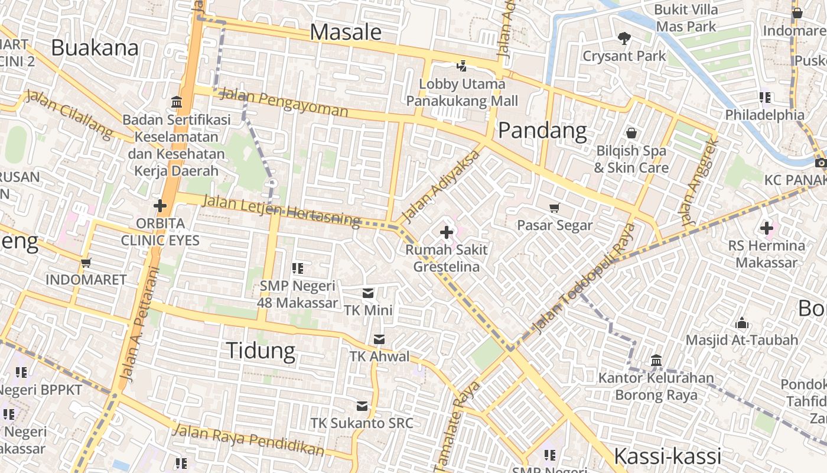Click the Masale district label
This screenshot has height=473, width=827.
coord(346,32)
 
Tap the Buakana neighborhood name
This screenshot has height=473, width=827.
coord(95,47)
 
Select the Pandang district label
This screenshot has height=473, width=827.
coord(542,131)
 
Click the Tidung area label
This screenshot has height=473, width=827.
coord(261,351)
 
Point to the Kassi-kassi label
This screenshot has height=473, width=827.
coord(668,456)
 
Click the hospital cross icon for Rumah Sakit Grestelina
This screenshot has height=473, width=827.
coord(447,232)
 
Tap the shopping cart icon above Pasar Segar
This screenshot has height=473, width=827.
coord(554,208)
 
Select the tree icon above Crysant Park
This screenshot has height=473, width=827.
coord(624,38)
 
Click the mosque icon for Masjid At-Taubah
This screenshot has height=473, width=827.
coord(742,323)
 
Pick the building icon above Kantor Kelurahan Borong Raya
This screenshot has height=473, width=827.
coord(656,360)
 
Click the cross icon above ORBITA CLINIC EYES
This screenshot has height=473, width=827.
coord(160,206)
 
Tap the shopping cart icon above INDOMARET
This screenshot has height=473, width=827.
coord(86,263)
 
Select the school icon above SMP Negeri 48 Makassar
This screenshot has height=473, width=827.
coord(298,268)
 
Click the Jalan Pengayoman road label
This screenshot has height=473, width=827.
coord(284,102)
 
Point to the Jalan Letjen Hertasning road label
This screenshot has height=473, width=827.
coord(281,210)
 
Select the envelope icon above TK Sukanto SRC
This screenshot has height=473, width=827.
coord(362,406)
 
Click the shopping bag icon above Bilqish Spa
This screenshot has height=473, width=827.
coord(631,133)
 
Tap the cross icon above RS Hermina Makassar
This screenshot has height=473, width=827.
coord(766,228)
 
